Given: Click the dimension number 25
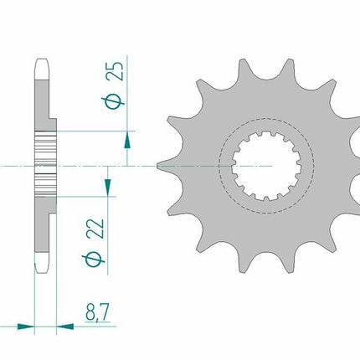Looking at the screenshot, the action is (x=115, y=71).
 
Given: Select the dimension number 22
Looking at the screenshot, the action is (x=95, y=229).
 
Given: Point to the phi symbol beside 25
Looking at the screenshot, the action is (x=113, y=102).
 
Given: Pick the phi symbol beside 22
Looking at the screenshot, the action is (x=94, y=260).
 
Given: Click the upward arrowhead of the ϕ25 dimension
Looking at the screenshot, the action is (x=127, y=140).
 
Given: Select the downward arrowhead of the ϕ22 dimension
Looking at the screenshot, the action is (x=108, y=187).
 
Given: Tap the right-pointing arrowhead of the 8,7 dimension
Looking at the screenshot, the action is (x=26, y=327).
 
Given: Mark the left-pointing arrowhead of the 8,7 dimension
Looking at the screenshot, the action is (x=65, y=327).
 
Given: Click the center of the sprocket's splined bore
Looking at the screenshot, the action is (x=265, y=166).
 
